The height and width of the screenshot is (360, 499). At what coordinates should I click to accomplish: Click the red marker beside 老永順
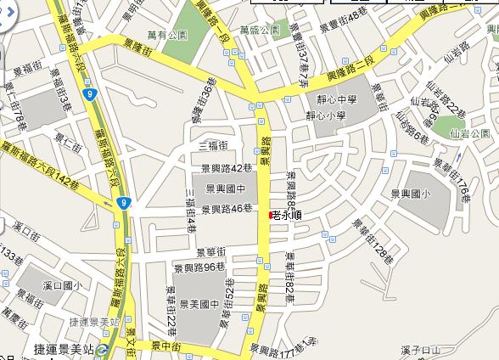(x=271, y=216)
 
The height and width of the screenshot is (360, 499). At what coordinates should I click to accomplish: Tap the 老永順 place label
(x=288, y=216)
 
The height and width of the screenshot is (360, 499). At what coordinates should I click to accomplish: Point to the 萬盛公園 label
(x=259, y=29)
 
